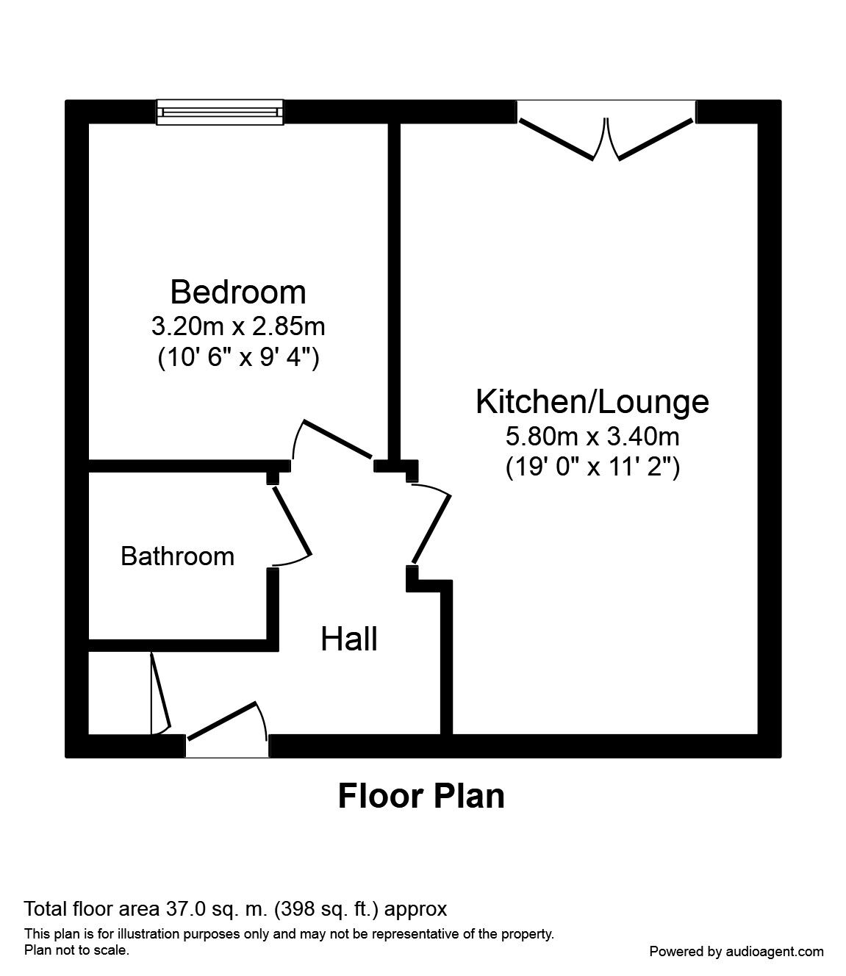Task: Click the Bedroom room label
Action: click(x=238, y=293)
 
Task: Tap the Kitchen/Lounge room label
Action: click(x=592, y=402)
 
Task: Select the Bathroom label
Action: click(x=177, y=556)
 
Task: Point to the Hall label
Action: click(x=349, y=639)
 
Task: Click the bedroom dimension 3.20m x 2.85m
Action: click(x=238, y=325)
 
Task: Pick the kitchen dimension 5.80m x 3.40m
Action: click(x=592, y=437)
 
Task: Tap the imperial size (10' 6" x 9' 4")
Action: click(x=238, y=358)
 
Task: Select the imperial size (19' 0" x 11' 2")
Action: click(x=592, y=467)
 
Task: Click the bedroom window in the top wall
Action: click(x=220, y=112)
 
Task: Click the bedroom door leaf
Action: click(x=337, y=440)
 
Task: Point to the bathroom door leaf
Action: click(x=293, y=521)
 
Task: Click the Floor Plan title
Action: click(x=421, y=796)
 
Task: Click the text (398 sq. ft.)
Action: click(x=326, y=909)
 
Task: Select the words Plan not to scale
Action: click(x=77, y=950)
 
